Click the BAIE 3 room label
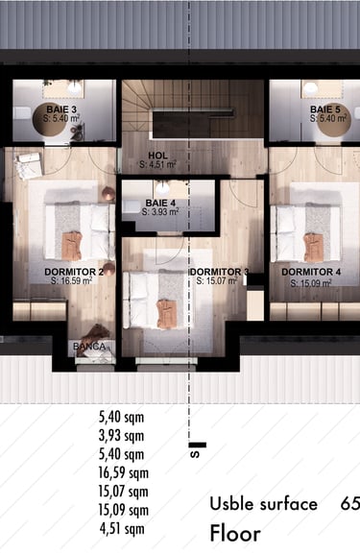(x=61, y=109)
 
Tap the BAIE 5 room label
(x=325, y=109)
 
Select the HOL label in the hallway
(x=157, y=156)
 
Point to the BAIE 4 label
(x=160, y=204)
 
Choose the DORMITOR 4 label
(x=311, y=272)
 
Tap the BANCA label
(x=89, y=347)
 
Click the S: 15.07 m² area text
(x=217, y=281)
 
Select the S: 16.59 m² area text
(x=72, y=281)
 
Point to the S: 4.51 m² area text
(x=157, y=164)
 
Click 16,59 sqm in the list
(x=123, y=472)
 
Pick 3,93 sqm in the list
(x=122, y=436)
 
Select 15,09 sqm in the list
(x=123, y=510)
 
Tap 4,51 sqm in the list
(x=122, y=529)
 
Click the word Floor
(x=235, y=534)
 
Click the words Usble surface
(x=264, y=504)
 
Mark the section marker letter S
(x=195, y=454)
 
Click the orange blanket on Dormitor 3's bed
(x=166, y=313)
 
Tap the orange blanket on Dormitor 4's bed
(x=313, y=248)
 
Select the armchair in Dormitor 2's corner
(x=28, y=165)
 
